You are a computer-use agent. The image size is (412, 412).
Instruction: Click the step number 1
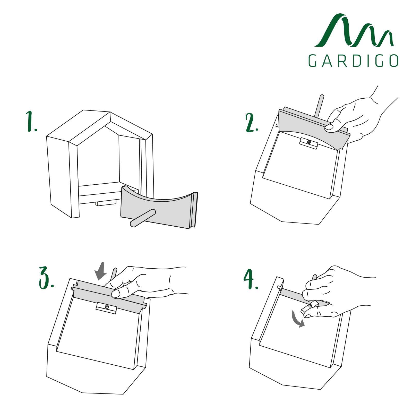click(x=31, y=121)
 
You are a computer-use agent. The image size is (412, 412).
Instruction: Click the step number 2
click(x=252, y=123)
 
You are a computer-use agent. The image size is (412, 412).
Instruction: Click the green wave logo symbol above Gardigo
click(x=354, y=30)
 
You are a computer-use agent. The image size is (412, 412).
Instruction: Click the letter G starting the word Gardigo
click(x=313, y=61)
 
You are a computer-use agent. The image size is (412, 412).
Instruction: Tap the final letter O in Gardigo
click(x=394, y=61)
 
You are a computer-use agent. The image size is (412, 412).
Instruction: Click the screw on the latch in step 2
click(x=309, y=142)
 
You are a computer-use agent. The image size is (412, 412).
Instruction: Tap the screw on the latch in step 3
click(x=107, y=307)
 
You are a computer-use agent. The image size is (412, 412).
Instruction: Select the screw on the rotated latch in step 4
click(x=310, y=306)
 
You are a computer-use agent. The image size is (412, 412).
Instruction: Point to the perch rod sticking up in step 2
click(x=319, y=106)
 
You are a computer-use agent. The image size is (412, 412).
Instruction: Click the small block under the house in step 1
click(x=106, y=203)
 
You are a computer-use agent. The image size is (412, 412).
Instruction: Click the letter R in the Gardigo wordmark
click(x=342, y=61)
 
